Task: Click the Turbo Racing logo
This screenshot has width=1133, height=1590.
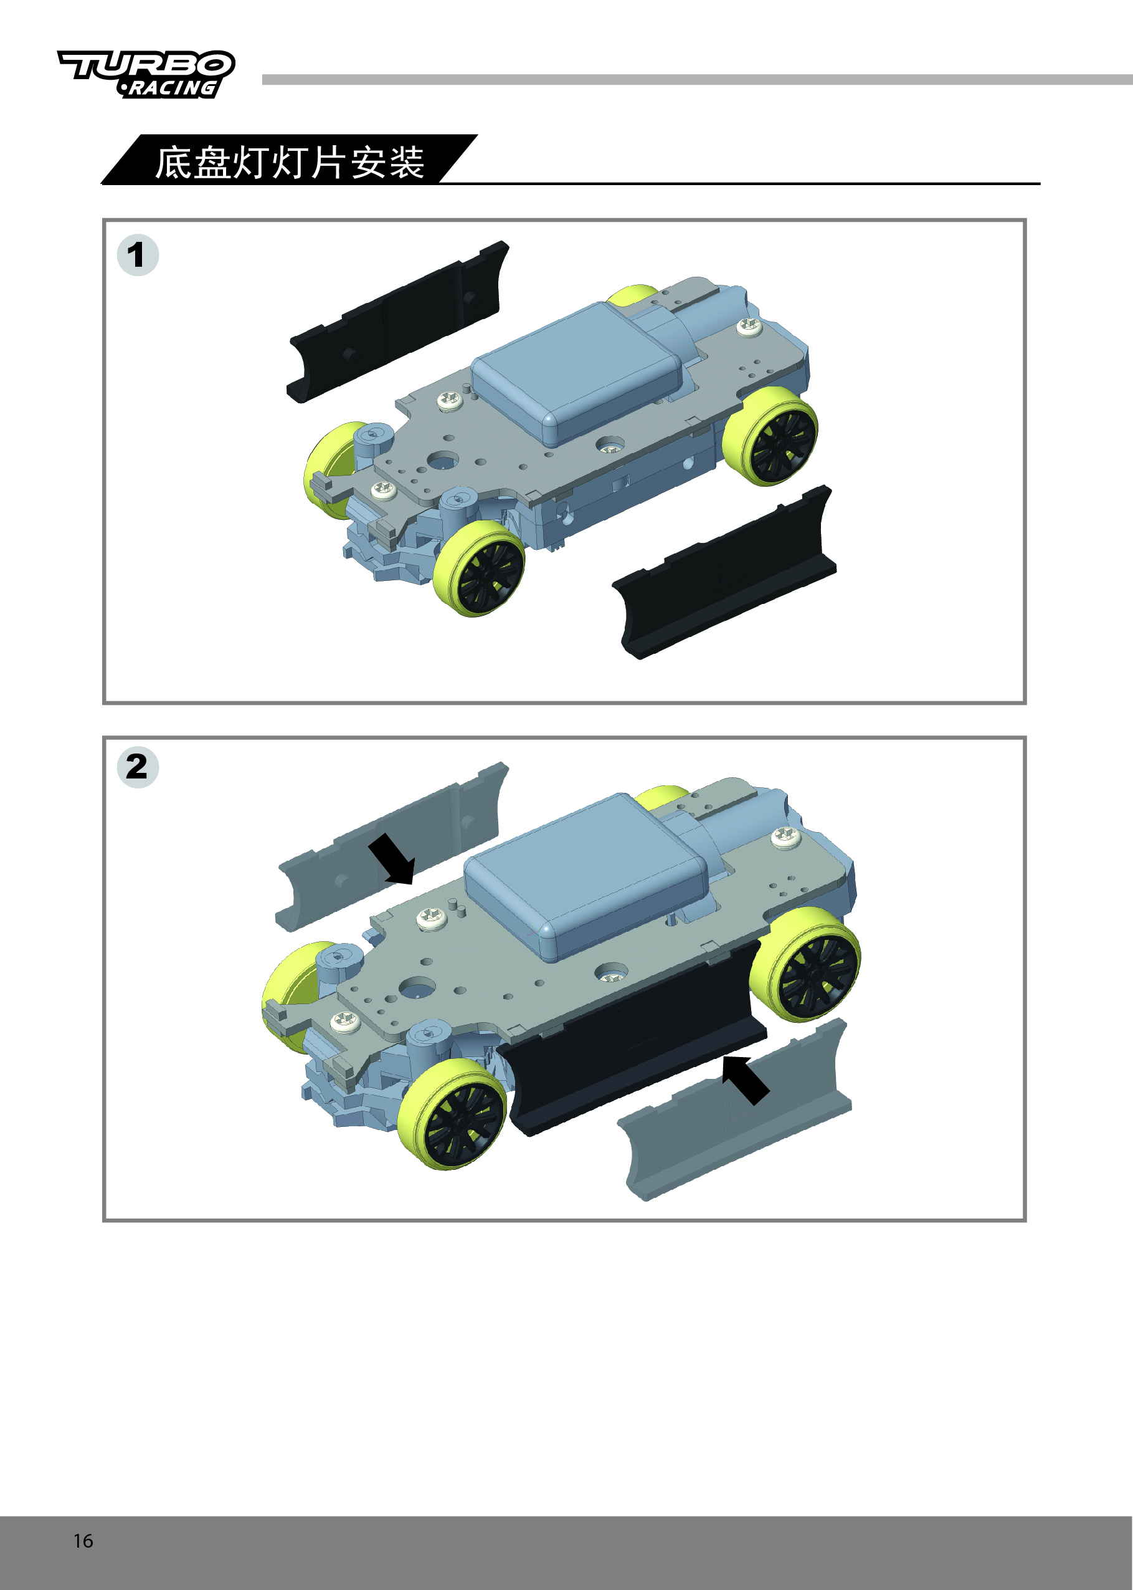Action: click(x=146, y=74)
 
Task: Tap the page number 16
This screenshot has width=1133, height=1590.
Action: click(x=83, y=1540)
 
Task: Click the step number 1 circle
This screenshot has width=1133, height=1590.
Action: click(x=138, y=255)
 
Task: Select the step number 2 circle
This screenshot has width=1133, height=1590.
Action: click(x=138, y=767)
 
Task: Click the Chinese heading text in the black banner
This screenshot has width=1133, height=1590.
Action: click(x=290, y=163)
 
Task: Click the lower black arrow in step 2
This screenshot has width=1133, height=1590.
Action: click(x=745, y=1080)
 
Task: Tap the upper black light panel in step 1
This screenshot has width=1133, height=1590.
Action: click(x=397, y=322)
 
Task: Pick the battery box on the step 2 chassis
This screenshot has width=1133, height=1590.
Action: click(x=585, y=878)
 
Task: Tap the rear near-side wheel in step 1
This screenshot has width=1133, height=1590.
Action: click(x=770, y=437)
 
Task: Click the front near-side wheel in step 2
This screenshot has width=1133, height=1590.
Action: click(x=453, y=1114)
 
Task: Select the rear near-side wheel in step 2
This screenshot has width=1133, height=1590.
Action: click(x=805, y=964)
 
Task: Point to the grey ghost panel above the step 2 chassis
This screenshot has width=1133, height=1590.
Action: click(x=391, y=846)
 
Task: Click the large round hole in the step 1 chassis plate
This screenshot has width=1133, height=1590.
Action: click(x=443, y=461)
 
